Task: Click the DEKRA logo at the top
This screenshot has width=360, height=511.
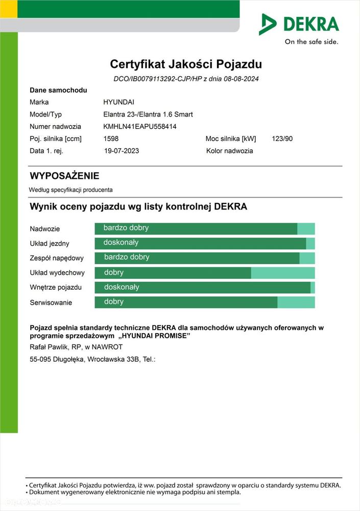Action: (x=299, y=24)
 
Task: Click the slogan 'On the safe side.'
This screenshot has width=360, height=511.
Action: (x=311, y=42)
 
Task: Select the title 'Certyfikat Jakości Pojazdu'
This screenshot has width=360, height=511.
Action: (x=186, y=64)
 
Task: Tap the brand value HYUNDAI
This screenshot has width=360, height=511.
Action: (x=119, y=102)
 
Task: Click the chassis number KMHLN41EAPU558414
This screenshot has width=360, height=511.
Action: (x=140, y=126)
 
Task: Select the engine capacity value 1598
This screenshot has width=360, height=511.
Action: (x=111, y=138)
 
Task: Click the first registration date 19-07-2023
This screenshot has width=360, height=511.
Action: (x=122, y=151)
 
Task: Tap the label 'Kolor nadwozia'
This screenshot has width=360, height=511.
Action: (x=229, y=151)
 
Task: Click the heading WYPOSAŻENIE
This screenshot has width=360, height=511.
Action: (x=64, y=176)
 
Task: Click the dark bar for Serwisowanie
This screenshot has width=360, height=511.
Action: (x=186, y=302)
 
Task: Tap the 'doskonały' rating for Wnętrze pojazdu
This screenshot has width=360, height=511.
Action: (x=121, y=287)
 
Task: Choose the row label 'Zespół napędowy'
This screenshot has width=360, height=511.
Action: (x=57, y=258)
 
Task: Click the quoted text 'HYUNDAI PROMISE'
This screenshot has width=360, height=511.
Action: (x=156, y=336)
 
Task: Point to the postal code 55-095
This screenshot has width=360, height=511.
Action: (x=41, y=359)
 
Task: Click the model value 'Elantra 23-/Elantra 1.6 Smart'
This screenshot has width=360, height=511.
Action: (x=148, y=114)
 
